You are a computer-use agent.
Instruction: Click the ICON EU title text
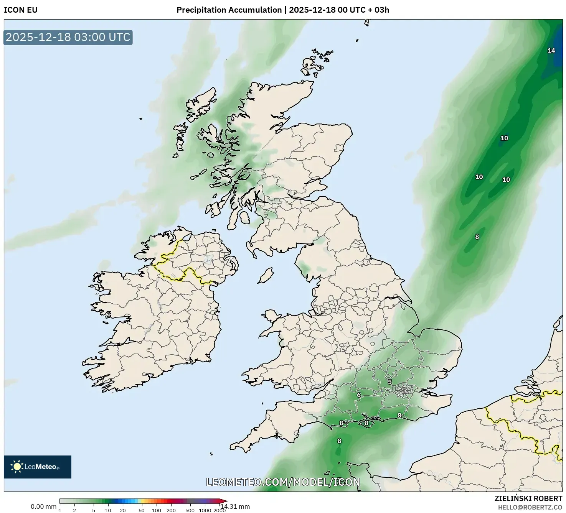(21, 10)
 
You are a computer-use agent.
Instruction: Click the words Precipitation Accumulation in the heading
(229, 10)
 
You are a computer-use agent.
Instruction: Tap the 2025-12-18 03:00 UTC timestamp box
(68, 38)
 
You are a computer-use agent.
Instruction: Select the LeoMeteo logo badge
(38, 467)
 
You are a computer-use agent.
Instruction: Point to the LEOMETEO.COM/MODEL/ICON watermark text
(283, 482)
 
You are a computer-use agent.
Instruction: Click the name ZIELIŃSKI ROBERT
(528, 498)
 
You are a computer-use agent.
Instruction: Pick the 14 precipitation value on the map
(551, 51)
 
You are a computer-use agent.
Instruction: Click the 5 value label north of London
(390, 382)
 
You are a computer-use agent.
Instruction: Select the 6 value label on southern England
(359, 395)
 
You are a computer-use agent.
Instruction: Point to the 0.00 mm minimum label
(43, 506)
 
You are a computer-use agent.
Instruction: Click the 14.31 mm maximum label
(235, 506)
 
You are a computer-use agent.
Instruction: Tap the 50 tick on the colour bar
(142, 510)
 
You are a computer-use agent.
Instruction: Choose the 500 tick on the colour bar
(190, 510)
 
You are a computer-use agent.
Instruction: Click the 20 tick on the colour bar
(123, 510)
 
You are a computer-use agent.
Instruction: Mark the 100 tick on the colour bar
(157, 510)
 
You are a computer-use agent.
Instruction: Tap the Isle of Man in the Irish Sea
(265, 275)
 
